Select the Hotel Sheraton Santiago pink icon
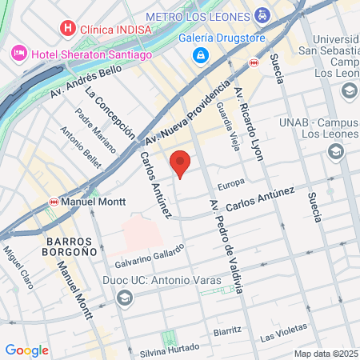pos(18,53)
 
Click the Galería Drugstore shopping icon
pos(200,55)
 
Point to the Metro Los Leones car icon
pos(262,15)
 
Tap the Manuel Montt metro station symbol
pos(54,202)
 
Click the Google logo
pos(26,350)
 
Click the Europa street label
pos(230,183)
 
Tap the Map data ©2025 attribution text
pos(325,354)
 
